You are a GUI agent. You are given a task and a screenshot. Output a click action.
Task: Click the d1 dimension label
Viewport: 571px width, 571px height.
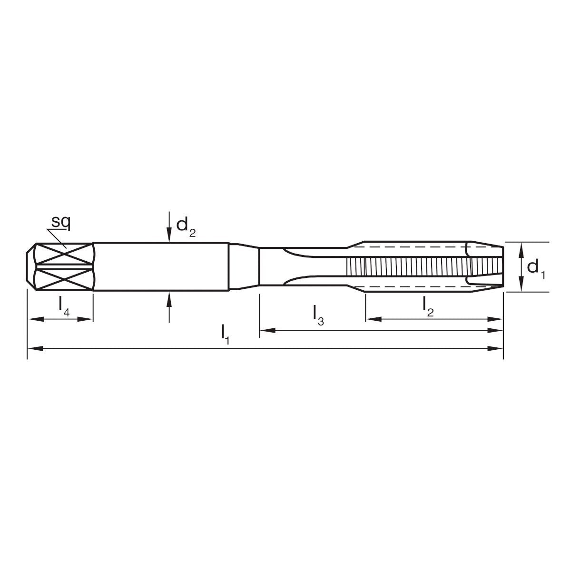(x=536, y=268)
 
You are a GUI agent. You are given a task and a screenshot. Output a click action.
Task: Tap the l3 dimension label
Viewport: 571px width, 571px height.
(x=318, y=315)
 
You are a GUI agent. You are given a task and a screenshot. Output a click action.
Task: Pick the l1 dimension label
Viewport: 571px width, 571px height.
(x=225, y=334)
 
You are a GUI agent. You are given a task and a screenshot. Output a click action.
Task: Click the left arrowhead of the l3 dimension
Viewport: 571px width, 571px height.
(x=265, y=330)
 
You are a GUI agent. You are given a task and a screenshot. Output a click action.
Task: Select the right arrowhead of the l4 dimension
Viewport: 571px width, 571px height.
(x=87, y=319)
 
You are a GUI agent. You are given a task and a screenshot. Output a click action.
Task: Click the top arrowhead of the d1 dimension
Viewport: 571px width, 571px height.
(x=522, y=247)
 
